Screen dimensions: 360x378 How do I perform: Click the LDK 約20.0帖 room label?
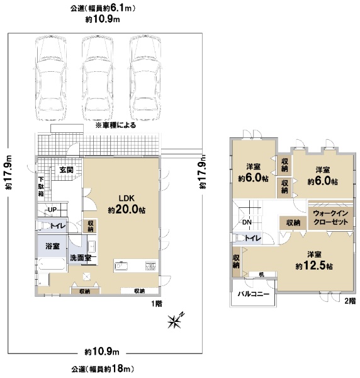coord(127,204)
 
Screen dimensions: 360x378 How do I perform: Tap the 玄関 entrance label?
coord(67,170)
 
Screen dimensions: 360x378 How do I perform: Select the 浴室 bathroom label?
coord(52,246)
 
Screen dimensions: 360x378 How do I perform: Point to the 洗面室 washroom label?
coord(81,258)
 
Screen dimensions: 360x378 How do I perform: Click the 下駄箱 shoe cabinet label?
coord(41,186)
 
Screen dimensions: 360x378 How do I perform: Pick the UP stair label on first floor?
coord(52,210)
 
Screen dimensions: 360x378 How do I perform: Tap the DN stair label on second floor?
coord(247,222)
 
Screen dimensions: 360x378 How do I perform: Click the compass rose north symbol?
coord(176,321)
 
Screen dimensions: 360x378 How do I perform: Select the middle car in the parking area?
coord(98,78)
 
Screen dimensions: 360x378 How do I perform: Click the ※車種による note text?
coord(116,125)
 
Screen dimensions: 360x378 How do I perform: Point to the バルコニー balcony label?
coord(254,294)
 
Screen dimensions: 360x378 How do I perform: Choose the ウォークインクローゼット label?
coord(330,217)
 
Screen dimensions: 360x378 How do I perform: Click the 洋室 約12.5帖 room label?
coord(314,261)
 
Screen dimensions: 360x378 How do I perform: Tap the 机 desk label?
coord(262,274)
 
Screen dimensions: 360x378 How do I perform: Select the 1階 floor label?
coord(157,304)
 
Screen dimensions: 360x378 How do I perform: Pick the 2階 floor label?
coord(350,301)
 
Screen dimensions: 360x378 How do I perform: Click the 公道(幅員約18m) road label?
coord(103,369)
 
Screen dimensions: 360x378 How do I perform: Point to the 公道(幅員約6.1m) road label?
coord(103,9)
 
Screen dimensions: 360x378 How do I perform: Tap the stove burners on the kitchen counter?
coord(150,266)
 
